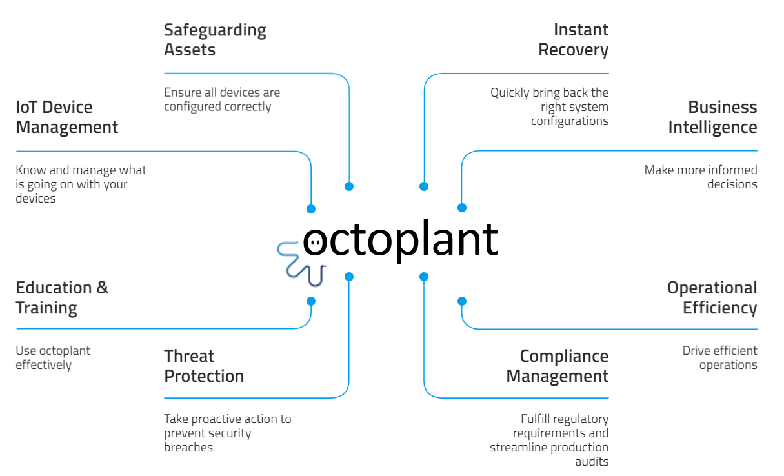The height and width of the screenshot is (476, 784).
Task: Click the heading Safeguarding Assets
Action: pos(215,39)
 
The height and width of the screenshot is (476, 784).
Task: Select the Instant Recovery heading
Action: pos(573,39)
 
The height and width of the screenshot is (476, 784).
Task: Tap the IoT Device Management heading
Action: pos(66,117)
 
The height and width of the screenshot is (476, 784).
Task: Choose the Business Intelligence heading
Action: pos(712,117)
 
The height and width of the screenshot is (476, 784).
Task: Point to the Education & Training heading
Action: pos(62,297)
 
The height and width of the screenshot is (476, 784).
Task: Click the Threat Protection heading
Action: pos(204,366)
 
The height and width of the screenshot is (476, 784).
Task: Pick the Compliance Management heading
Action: pos(558,366)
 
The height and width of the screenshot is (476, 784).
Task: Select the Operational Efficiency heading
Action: pos(712,297)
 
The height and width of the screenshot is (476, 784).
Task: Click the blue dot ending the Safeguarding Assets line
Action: pos(349,186)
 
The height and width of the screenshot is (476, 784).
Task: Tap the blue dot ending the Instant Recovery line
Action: pos(424,186)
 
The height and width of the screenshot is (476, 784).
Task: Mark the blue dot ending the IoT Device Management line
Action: pos(311,209)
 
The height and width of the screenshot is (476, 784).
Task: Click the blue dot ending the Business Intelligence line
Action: pos(462,208)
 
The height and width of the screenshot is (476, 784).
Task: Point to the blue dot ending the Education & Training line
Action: pos(311,301)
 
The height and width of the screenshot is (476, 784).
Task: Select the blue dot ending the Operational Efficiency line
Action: pos(462,301)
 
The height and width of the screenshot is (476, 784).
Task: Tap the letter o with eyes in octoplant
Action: pos(316,242)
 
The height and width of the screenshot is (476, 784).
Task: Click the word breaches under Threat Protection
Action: pos(188,448)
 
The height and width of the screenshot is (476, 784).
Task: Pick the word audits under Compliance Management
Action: pos(592,462)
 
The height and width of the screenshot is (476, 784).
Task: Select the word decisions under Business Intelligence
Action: pos(732,184)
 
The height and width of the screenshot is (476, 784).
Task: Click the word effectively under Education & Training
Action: pos(44,365)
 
